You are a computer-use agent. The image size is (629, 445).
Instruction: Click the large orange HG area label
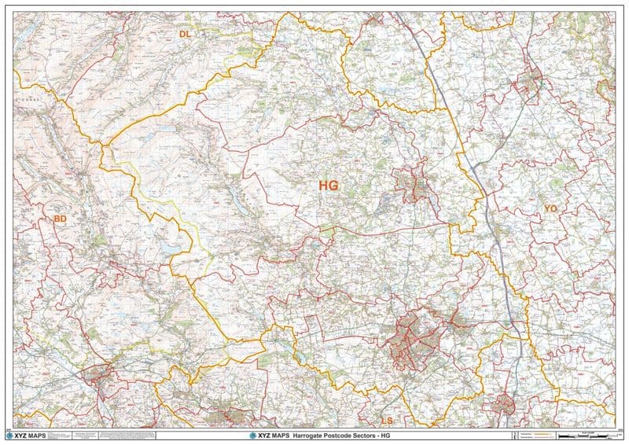coord(329,186)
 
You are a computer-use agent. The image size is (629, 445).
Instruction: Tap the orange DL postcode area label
coord(186,34)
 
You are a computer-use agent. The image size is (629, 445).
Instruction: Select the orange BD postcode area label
coord(60,218)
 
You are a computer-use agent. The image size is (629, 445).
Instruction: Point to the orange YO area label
coord(550,208)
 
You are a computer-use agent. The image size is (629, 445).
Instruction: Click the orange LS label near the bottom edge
coord(386,421)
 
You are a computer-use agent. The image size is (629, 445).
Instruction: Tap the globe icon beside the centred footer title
coord(252,435)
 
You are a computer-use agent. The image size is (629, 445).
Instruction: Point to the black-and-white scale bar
coord(587,435)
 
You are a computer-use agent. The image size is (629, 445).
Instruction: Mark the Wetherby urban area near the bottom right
coord(501,405)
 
